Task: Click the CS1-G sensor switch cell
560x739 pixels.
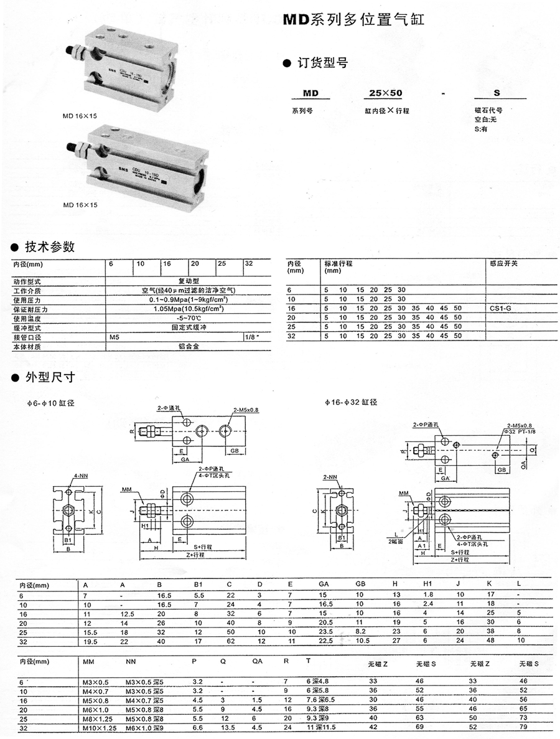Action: coord(501,308)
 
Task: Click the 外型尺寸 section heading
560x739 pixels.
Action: coord(49,377)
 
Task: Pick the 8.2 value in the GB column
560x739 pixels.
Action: coord(361,631)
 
